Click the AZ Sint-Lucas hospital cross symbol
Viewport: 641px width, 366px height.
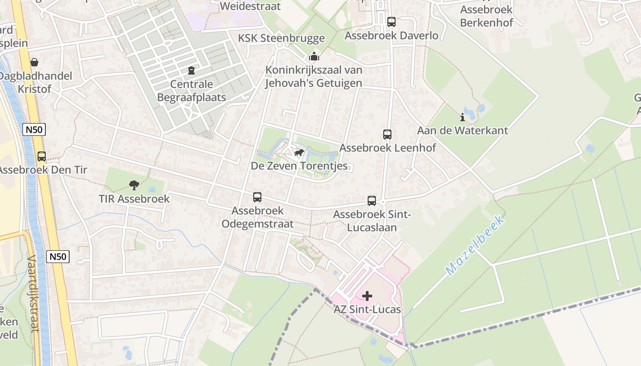[367, 296]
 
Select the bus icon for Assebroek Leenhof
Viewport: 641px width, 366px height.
[387, 135]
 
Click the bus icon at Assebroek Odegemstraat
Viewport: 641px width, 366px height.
[257, 197]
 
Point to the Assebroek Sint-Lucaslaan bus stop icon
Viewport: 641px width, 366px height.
[372, 200]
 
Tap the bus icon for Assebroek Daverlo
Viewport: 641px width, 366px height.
[391, 22]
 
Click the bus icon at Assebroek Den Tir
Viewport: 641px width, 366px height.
[42, 156]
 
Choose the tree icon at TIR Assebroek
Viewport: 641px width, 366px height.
[134, 185]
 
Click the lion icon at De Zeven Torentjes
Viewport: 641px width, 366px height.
[299, 152]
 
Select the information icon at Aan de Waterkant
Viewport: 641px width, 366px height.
[462, 117]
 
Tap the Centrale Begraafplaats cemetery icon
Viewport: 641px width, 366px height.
[191, 70]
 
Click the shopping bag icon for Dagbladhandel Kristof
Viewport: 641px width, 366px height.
[34, 62]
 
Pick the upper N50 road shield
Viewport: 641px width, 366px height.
[34, 129]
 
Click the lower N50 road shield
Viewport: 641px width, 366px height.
[58, 257]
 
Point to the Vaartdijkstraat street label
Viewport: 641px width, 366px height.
[32, 293]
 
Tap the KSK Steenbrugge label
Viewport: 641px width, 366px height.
[281, 38]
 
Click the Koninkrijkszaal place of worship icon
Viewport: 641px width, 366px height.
[314, 57]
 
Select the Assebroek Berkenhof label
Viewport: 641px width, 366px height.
[486, 16]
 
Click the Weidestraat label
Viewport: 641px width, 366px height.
[250, 6]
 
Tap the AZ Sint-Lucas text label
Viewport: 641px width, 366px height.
[367, 309]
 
